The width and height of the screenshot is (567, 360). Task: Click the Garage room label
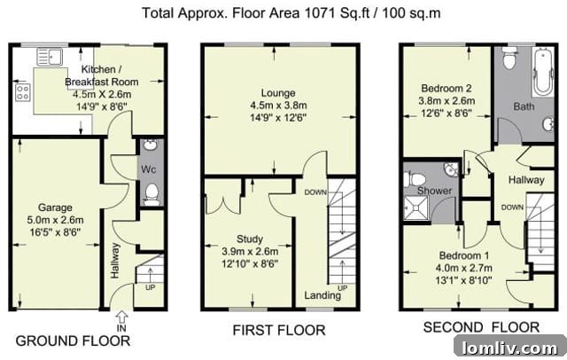[x=55, y=207]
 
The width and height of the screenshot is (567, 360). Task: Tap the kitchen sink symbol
[x=50, y=57]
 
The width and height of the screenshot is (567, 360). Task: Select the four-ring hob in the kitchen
[x=22, y=92]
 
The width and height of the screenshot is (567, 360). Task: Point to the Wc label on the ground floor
[x=148, y=169]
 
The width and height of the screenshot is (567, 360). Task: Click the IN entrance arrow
[x=122, y=317]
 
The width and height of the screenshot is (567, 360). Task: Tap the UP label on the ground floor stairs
[x=150, y=287]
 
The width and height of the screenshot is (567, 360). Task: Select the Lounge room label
[x=278, y=93]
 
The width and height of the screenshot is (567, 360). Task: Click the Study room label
[x=250, y=239]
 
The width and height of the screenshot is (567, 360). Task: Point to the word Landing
[x=322, y=295]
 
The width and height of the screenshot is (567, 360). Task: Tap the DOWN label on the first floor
[x=315, y=192]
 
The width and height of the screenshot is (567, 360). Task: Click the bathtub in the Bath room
[x=543, y=72]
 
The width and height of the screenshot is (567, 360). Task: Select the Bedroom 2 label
[x=447, y=89]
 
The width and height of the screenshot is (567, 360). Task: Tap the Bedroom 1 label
[x=464, y=255]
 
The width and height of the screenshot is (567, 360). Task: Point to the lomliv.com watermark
[x=510, y=348]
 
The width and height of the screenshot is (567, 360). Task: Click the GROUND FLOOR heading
[x=73, y=340]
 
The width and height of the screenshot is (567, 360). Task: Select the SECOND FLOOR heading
[x=481, y=327]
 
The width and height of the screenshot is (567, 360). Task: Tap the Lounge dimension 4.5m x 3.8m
[x=278, y=106]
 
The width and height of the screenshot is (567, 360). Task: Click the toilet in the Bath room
[x=509, y=59]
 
